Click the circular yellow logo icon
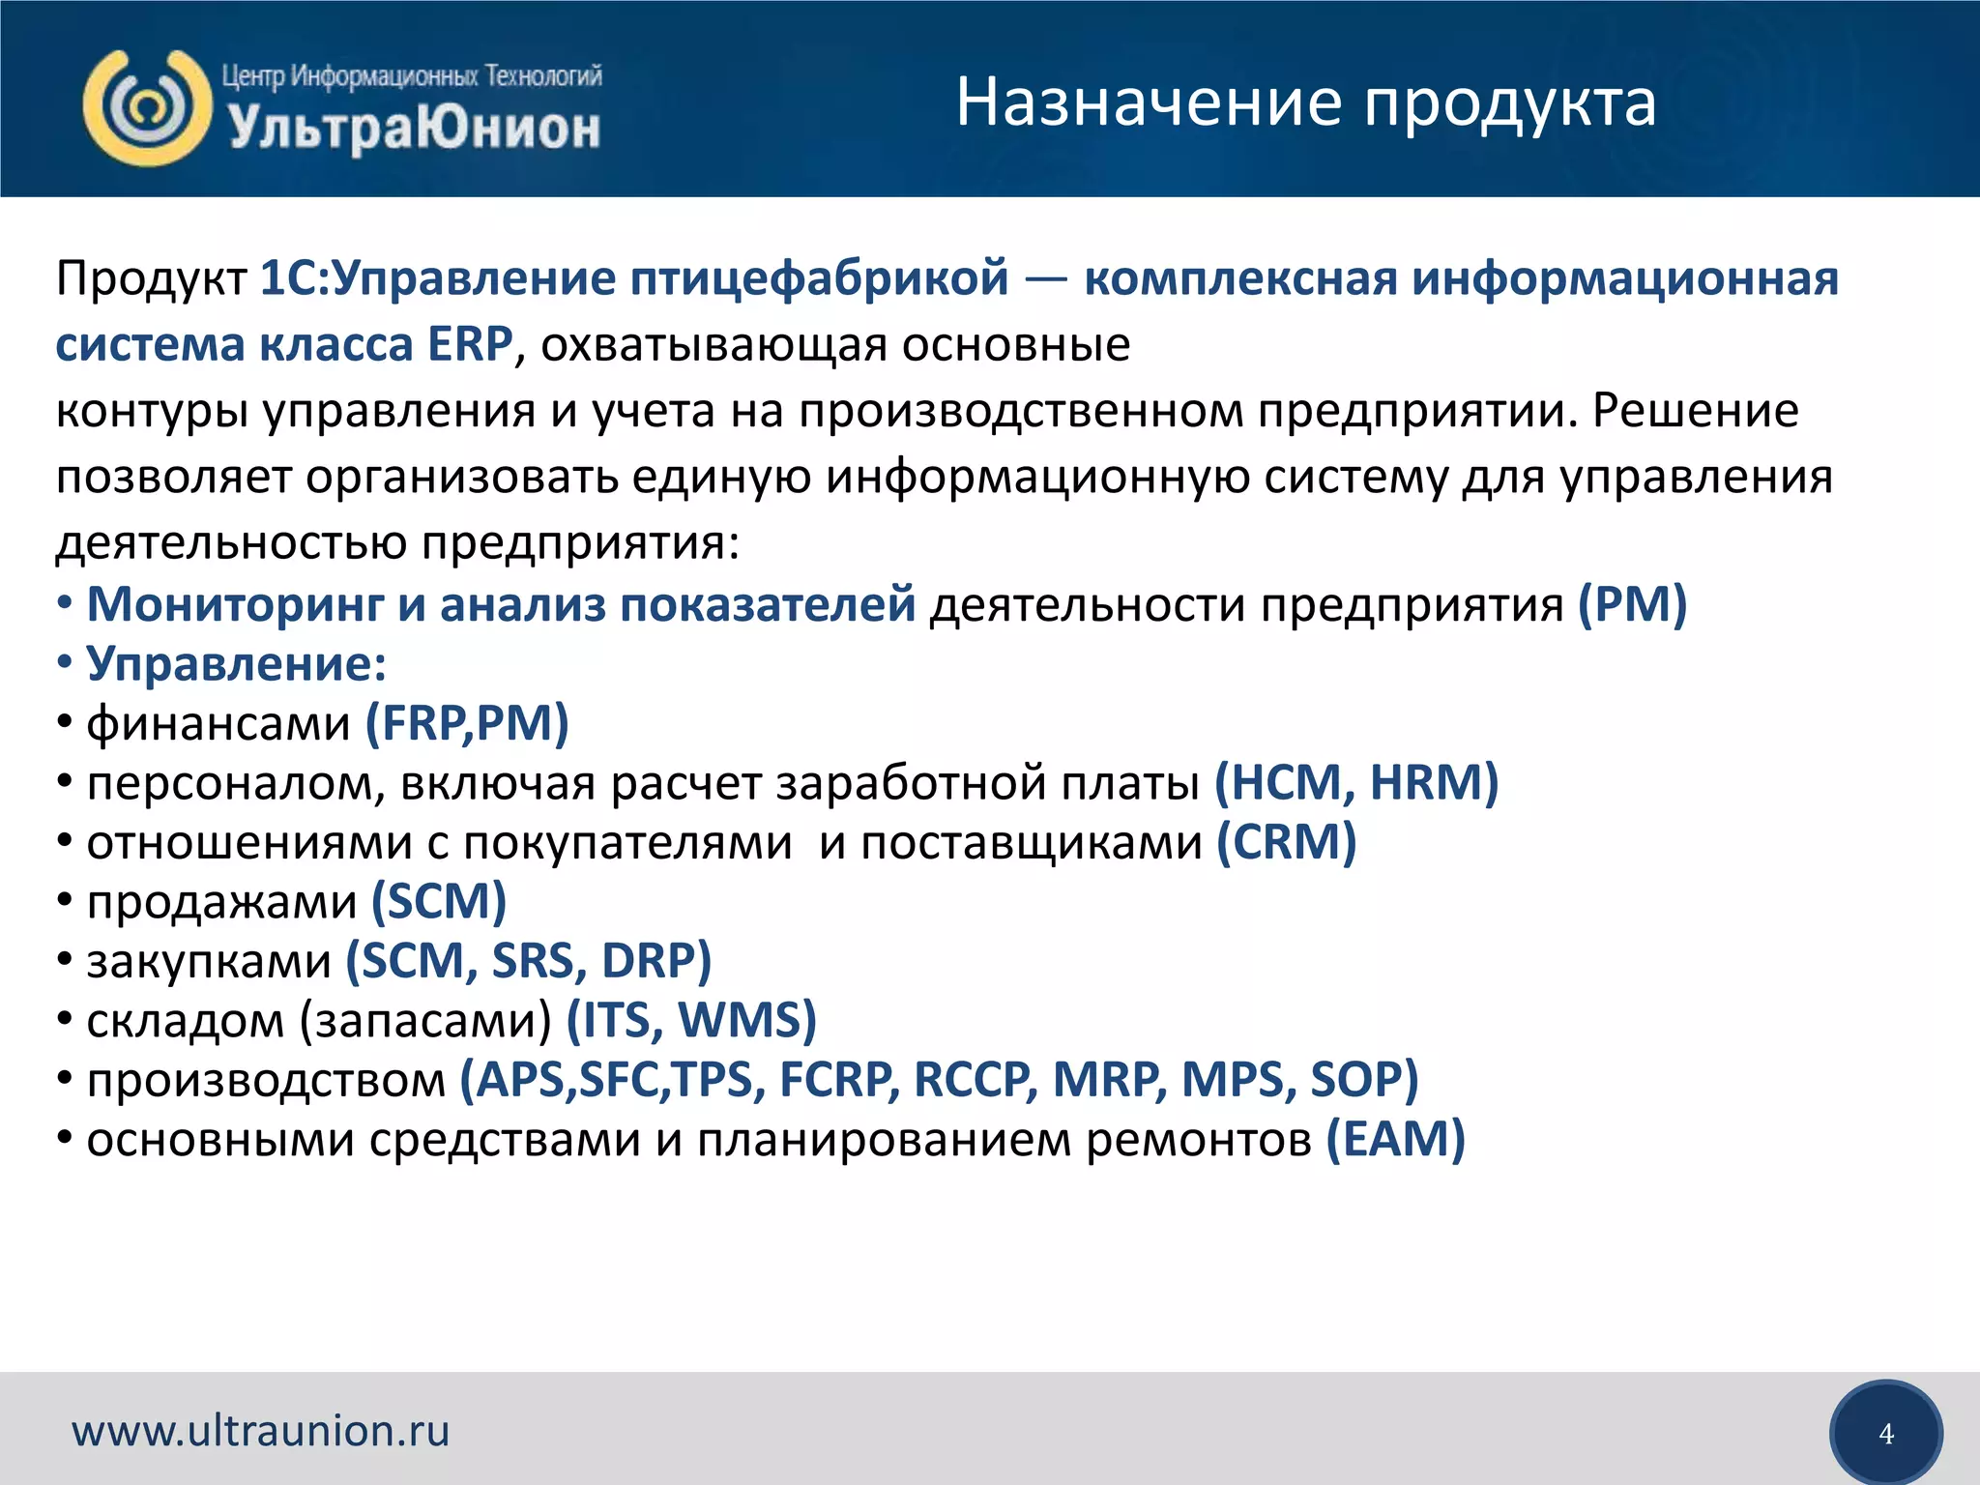point(147,107)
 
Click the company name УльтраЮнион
point(414,129)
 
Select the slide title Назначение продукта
point(1305,102)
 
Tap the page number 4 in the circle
point(1885,1434)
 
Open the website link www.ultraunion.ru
point(261,1431)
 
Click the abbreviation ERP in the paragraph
point(470,345)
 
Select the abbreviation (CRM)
point(1286,842)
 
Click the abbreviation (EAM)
point(1395,1139)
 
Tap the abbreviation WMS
point(746,1020)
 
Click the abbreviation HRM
point(1434,782)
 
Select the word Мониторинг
point(235,604)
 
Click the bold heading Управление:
point(236,664)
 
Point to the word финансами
point(218,724)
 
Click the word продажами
point(222,902)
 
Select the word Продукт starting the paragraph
point(151,279)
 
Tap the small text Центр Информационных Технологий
point(412,75)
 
